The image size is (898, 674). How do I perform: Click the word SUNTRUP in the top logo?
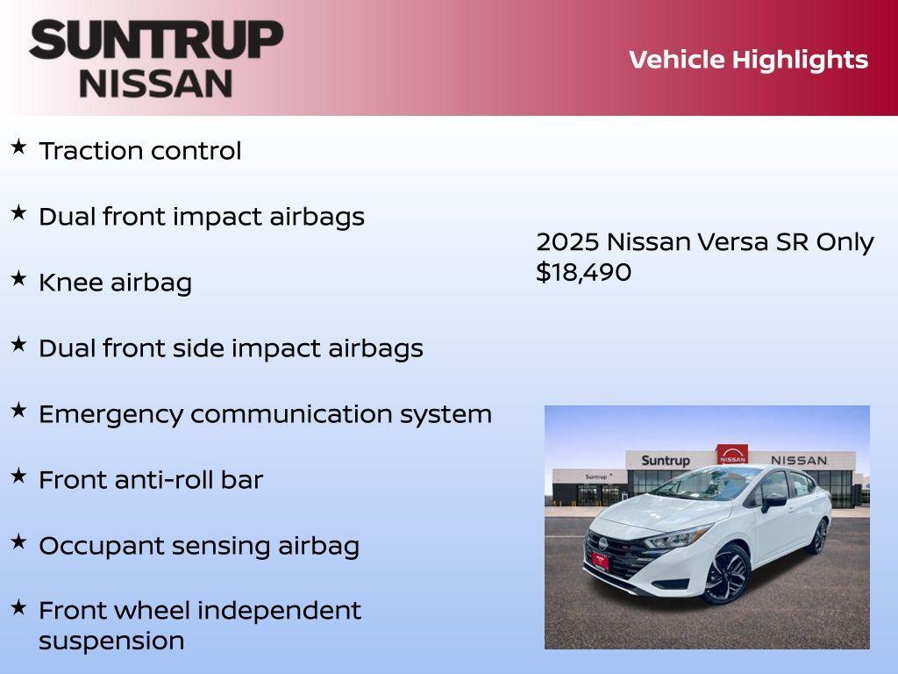156,40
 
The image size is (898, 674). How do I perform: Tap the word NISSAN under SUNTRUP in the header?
156,83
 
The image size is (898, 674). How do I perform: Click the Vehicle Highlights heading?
748,60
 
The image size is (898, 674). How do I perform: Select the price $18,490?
583,272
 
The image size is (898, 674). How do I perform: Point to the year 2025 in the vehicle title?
567,242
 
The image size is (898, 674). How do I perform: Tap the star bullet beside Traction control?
18,147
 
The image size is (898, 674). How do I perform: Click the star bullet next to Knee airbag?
18,278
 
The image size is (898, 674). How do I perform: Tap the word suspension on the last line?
111,641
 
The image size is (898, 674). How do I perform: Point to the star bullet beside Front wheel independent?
18,606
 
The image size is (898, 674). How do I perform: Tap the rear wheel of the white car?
818,535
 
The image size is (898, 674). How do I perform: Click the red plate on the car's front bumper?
600,561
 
